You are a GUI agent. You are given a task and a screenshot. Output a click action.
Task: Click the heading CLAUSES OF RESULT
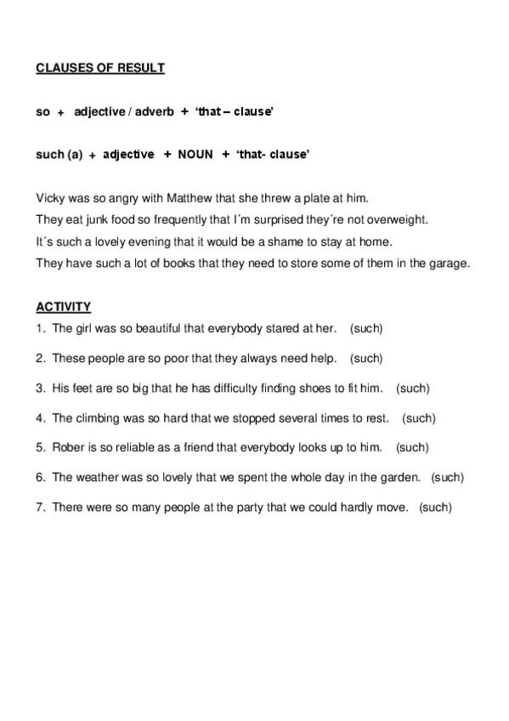100,68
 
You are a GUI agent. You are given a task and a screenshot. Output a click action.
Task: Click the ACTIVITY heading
64,306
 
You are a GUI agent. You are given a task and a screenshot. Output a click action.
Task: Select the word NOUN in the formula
195,155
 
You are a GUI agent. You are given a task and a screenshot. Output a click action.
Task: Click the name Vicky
50,198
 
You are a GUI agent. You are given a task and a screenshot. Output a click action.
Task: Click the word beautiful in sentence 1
150,327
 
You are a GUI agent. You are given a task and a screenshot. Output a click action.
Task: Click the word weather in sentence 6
94,477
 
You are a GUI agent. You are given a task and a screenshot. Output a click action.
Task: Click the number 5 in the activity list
40,447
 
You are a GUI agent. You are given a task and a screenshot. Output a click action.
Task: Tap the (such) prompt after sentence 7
436,508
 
